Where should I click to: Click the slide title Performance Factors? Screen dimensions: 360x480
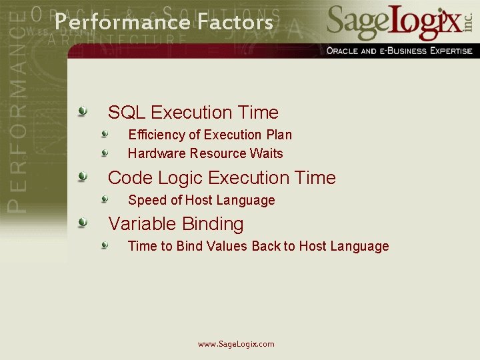pos(163,22)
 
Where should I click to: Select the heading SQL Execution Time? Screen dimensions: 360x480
pos(193,112)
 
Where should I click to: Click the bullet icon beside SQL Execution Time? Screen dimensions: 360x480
pos(82,111)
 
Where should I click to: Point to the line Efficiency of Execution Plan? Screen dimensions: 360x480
pos(209,135)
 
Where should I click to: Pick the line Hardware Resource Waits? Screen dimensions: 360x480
pos(205,153)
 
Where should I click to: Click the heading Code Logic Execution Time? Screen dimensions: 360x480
pos(221,177)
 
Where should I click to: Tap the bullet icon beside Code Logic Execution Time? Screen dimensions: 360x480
pos(82,176)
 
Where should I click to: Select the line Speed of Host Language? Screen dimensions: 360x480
pos(201,200)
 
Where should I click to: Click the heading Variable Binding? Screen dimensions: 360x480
pos(175,223)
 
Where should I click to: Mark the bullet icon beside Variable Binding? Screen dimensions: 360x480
pos(82,222)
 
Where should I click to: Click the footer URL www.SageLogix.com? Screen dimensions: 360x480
pos(236,344)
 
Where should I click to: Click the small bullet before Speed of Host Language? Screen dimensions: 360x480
pos(105,199)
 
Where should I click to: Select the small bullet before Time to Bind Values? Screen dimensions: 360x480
pos(105,245)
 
